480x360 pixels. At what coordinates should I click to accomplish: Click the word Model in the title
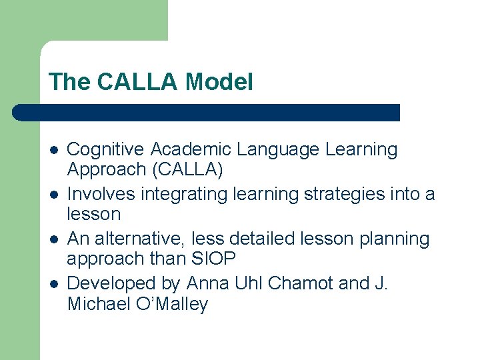tap(219, 83)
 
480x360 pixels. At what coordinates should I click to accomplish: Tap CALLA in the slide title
tap(139, 83)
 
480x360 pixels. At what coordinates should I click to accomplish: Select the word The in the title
tap(69, 83)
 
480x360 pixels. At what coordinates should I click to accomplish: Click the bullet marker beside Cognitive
tap(53, 150)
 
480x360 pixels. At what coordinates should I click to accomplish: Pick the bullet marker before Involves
tap(53, 195)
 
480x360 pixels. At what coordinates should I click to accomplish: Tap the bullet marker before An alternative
tap(53, 239)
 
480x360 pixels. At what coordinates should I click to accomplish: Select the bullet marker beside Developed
tap(53, 283)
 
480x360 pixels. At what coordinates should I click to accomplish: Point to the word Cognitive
tap(106, 150)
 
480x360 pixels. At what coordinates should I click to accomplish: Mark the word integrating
tap(182, 195)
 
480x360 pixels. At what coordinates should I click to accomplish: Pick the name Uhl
tap(249, 283)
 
